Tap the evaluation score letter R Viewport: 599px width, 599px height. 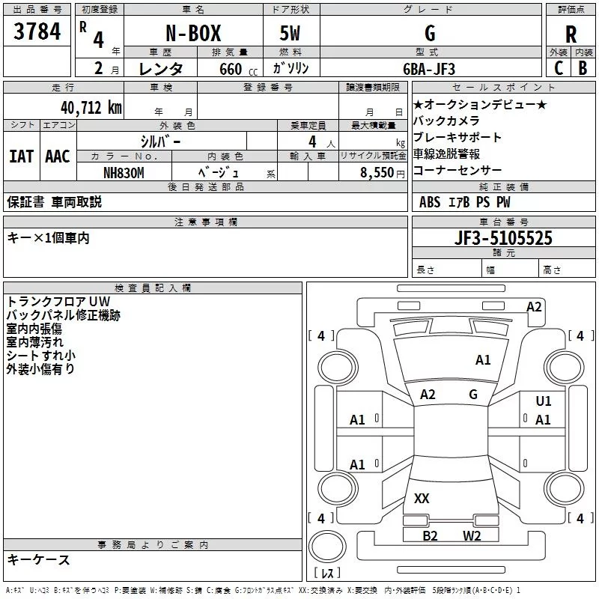click(571, 34)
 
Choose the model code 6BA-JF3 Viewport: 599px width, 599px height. click(429, 69)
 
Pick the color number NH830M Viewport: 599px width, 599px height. click(124, 171)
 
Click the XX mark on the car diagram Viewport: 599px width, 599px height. click(422, 499)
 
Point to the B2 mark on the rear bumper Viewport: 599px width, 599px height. click(430, 535)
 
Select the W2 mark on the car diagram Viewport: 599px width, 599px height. click(472, 535)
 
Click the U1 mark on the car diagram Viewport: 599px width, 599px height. click(544, 401)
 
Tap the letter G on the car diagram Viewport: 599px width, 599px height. click(473, 395)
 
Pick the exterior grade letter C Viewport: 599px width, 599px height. click(558, 68)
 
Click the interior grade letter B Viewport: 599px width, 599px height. click(583, 68)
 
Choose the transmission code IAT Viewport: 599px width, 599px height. click(21, 156)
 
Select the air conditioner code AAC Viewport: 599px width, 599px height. click(57, 156)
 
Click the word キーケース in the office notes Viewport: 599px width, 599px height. click(38, 559)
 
